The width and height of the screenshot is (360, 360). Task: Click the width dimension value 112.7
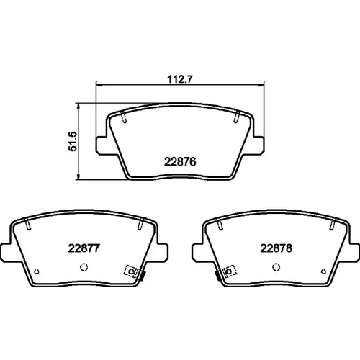point(180,79)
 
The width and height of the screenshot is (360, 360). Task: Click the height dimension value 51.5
point(73,141)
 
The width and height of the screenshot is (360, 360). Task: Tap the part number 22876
point(180,162)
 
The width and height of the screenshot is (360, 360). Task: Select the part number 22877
point(84,248)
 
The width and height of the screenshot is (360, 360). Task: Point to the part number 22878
point(276,248)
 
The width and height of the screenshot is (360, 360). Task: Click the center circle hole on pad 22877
point(84,267)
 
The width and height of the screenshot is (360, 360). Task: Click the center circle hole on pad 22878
point(276,267)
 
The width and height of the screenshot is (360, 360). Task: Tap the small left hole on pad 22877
point(37,271)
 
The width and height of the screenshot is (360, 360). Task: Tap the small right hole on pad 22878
point(323,271)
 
